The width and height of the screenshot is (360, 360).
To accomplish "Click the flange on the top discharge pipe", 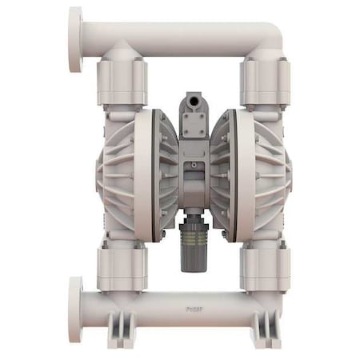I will tap(75, 39).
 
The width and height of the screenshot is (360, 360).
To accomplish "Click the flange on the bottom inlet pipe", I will tap(75, 308).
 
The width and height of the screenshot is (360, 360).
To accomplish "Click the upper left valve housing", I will tap(122, 80).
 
